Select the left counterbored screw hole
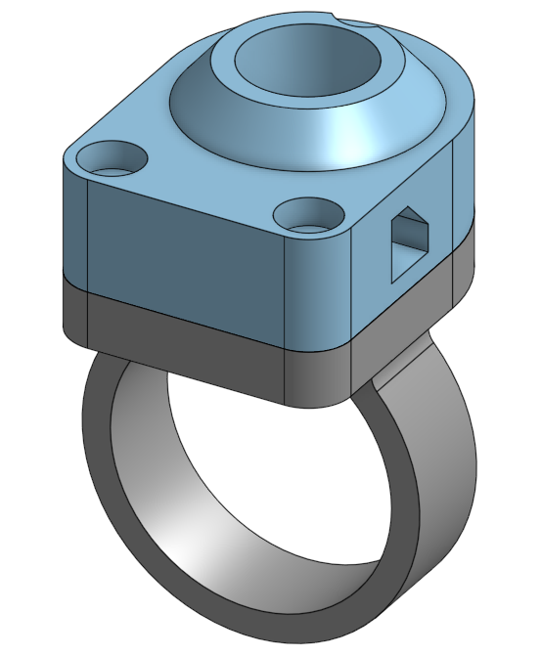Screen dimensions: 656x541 tap(113, 156)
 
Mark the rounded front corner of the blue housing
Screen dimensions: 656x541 tap(318, 293)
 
